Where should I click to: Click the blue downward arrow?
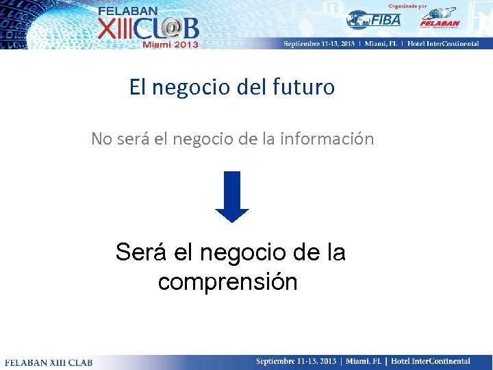pyautogui.click(x=232, y=197)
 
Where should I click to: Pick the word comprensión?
pyautogui.click(x=227, y=282)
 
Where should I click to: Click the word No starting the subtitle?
pyautogui.click(x=101, y=139)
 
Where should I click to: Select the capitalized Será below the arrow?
pyautogui.click(x=142, y=253)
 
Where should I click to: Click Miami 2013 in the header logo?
pyautogui.click(x=170, y=44)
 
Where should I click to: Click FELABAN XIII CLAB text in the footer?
pyautogui.click(x=49, y=362)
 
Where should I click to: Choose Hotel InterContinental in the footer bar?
pyautogui.click(x=431, y=361)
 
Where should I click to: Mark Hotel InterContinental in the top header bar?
pyautogui.click(x=450, y=42)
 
